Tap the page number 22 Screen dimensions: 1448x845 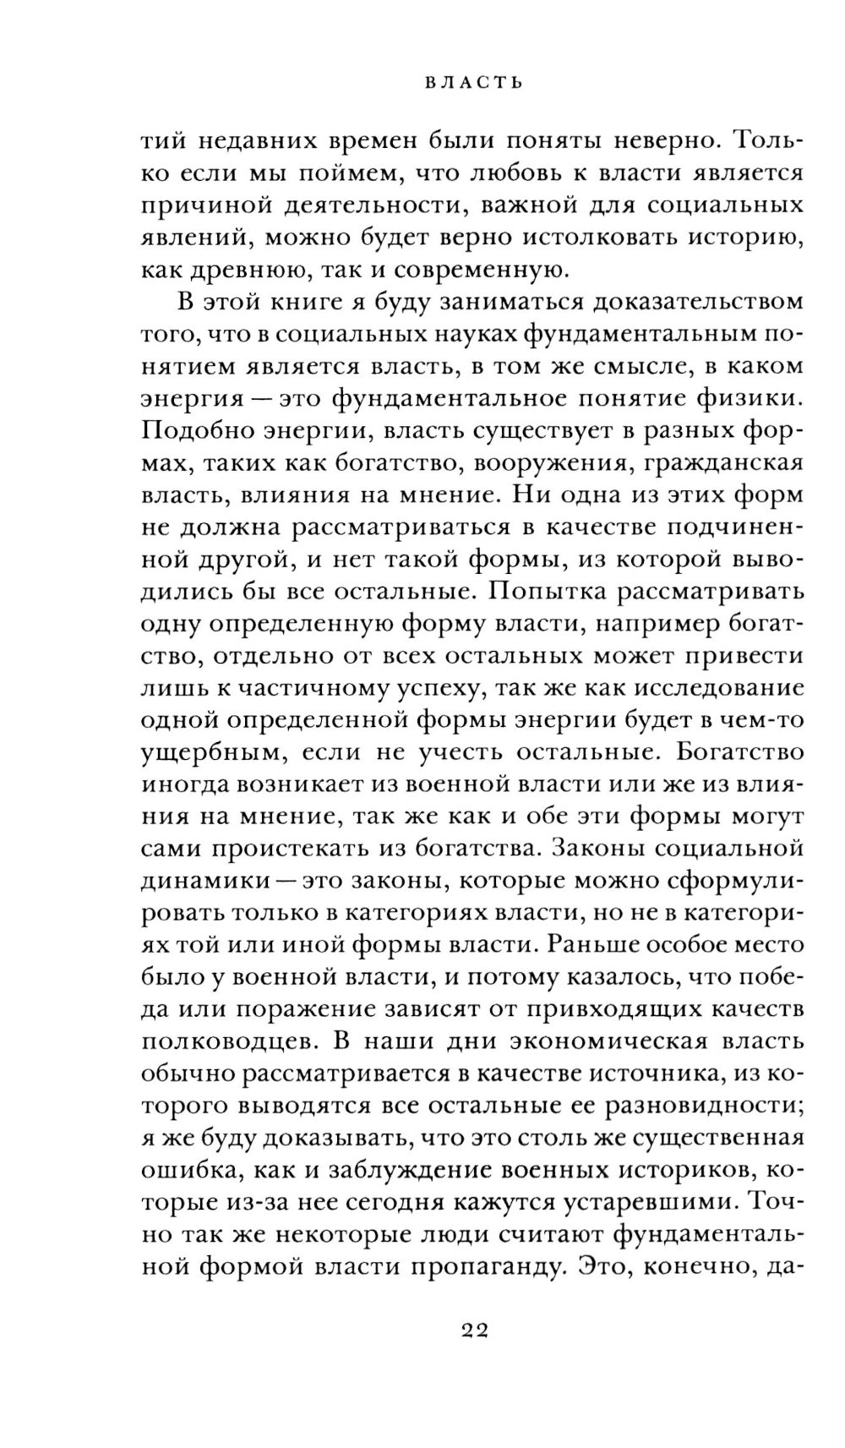tap(475, 1330)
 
